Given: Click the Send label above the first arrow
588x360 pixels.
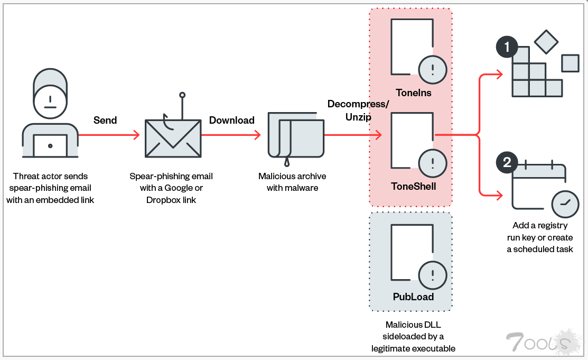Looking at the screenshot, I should coord(105,120).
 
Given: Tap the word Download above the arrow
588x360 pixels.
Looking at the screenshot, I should coord(232,120).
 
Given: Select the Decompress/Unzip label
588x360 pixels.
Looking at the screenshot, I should coord(358,109).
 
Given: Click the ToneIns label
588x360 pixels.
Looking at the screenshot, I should coord(413,93).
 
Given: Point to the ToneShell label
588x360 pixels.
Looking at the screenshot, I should coord(413,186).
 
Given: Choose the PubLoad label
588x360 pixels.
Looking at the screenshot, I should coord(413,297).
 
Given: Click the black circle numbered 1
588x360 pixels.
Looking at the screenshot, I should coord(507,47).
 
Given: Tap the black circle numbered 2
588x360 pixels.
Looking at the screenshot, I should coord(507,162).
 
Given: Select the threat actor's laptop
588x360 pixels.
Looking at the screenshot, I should coord(50,145).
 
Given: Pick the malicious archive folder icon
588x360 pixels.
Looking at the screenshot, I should coord(296,135).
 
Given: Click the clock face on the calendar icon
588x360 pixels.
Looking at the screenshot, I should coord(565,204).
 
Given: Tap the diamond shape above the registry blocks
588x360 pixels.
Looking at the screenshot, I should coord(546,42).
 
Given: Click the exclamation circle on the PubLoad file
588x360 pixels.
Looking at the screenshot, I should coord(433,275).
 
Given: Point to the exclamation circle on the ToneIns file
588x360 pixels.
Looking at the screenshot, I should coord(433,69).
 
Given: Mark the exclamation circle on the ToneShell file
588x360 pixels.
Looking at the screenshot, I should coord(433,162).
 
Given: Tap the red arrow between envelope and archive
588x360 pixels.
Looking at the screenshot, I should coord(231,135).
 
